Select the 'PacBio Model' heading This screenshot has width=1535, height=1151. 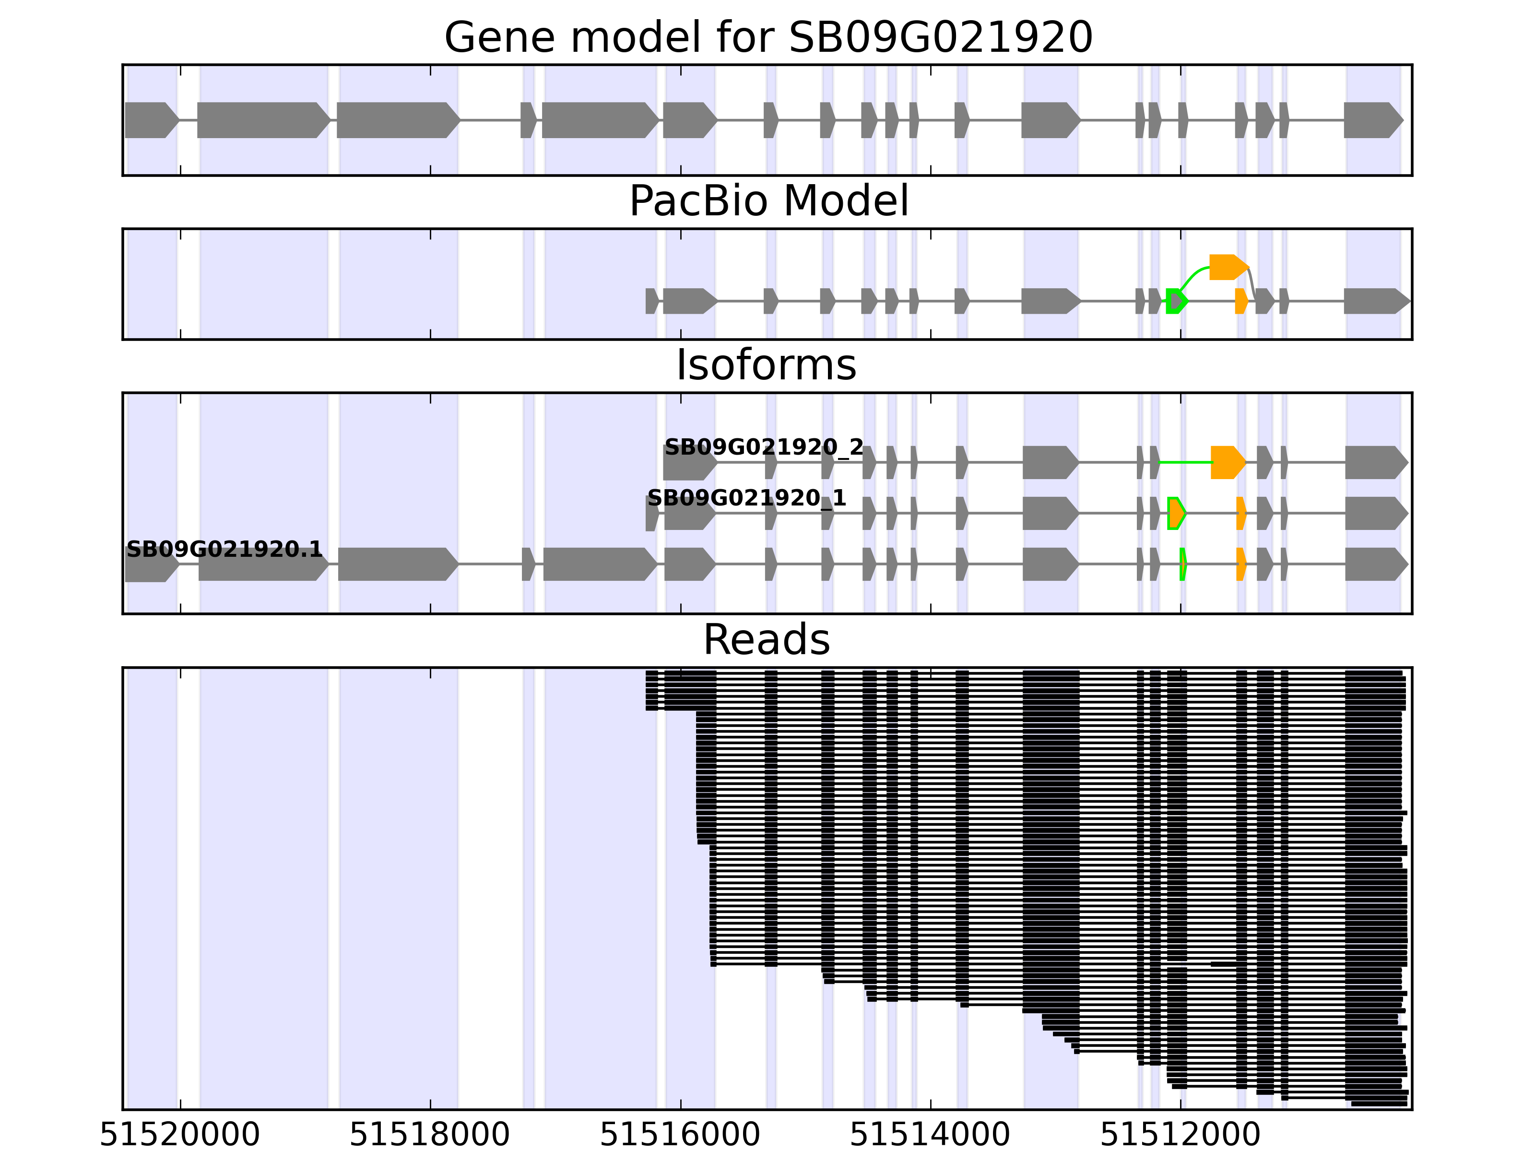click(x=768, y=201)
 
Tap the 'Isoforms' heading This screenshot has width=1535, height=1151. click(x=766, y=365)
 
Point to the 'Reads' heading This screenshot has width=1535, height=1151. click(x=766, y=640)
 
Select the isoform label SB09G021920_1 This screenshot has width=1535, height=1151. click(x=747, y=498)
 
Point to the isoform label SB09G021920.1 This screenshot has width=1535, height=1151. click(x=224, y=550)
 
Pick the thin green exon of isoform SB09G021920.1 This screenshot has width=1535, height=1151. click(x=1182, y=564)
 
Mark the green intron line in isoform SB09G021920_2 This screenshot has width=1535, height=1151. click(x=1184, y=462)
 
